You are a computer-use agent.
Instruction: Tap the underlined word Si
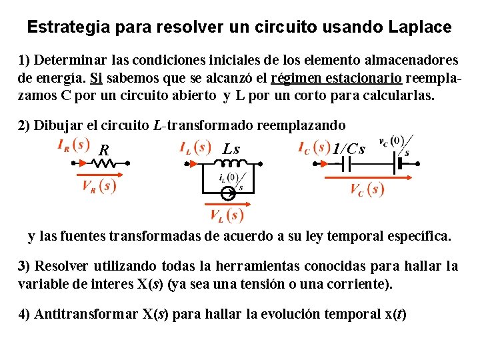pos(95,77)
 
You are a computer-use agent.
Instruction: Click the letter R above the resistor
pos(103,151)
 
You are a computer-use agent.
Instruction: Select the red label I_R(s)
pos(73,144)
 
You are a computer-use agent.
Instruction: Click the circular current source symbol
pos(227,194)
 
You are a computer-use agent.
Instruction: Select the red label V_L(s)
pos(225,215)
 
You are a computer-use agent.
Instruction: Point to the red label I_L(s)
pos(195,147)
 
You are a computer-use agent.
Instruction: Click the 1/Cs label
pos(349,149)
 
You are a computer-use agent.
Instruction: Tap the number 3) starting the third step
pos(24,266)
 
